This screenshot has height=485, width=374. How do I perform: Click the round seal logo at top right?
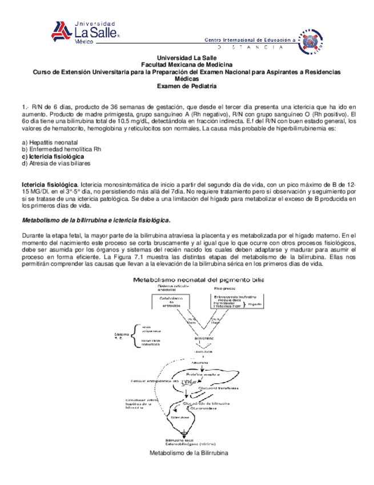pos(311,42)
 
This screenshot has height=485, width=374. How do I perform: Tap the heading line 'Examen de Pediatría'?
pos(187,86)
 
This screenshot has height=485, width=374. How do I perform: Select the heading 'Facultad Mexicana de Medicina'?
pos(187,65)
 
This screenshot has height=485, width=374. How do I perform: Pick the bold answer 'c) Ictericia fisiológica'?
pos(53,156)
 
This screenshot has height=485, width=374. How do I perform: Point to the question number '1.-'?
pos(25,107)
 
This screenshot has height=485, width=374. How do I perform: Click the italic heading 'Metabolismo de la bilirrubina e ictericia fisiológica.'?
pos(95,220)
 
